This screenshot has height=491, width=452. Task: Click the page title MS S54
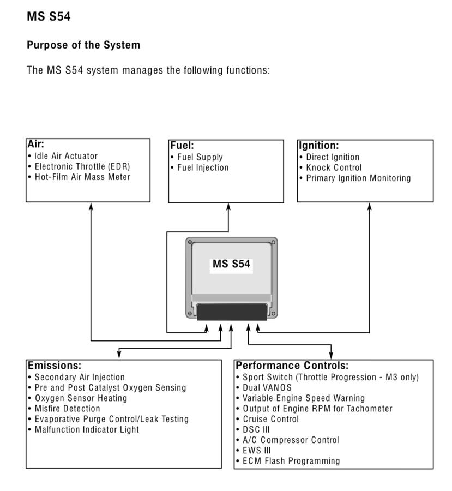[49, 17]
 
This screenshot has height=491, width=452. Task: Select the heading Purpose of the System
[83, 45]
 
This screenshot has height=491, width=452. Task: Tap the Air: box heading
[36, 145]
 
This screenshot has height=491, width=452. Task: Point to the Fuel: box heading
[182, 146]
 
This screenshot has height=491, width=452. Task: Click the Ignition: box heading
[318, 146]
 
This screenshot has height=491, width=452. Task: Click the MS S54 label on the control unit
[231, 264]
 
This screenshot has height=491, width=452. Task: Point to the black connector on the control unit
[231, 312]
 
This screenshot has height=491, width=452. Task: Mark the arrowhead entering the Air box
[91, 206]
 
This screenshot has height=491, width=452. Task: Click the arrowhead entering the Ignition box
[370, 206]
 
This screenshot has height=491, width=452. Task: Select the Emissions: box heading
[55, 366]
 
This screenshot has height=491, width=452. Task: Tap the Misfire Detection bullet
[67, 409]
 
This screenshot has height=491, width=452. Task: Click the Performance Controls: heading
[292, 366]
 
